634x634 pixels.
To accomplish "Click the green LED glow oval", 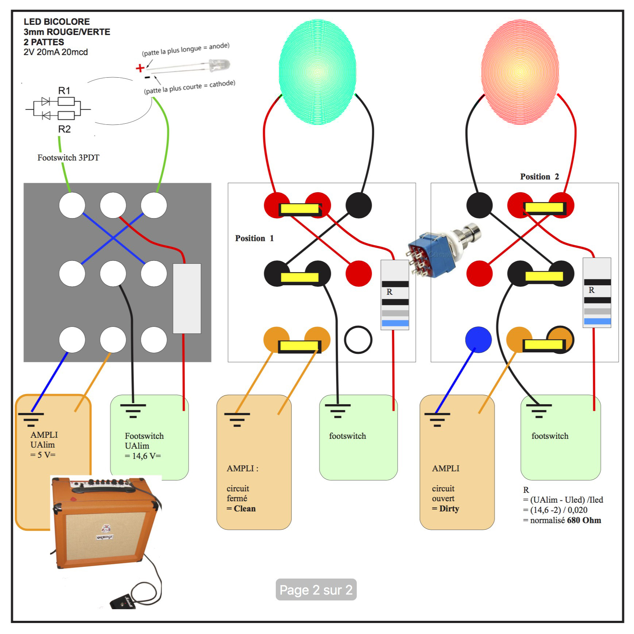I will point(317,72).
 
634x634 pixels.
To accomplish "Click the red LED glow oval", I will point(520,72).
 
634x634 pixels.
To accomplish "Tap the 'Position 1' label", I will point(254,238).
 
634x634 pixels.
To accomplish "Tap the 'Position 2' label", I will point(539,177).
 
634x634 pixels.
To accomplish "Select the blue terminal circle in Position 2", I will point(478,339).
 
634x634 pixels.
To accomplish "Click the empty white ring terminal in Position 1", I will point(358,340).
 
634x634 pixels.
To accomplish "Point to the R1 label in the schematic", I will point(64,90).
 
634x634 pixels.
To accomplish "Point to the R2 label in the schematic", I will point(64,129).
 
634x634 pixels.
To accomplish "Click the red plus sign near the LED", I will point(140,68).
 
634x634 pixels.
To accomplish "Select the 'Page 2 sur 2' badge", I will point(316,590).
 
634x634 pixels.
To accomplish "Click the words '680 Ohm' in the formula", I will point(584,520).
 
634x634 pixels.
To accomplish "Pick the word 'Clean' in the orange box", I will point(244,509).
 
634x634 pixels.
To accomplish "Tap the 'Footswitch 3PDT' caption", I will point(68,158).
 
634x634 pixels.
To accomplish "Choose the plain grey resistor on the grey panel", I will point(187,298).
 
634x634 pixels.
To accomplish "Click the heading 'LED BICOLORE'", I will point(57,22).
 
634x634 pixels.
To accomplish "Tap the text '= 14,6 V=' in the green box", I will point(143,456).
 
